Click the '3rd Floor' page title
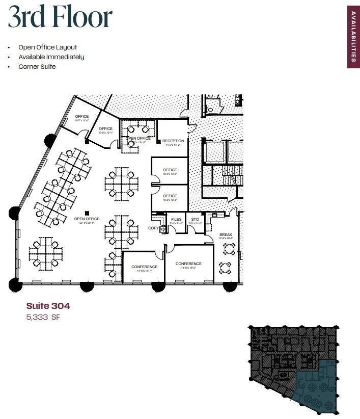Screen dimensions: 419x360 (x=60, y=18)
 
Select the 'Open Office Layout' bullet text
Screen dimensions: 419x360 (x=47, y=47)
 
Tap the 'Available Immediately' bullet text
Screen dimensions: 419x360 (x=51, y=57)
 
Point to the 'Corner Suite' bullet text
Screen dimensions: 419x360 (x=37, y=67)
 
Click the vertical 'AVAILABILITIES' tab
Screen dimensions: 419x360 (x=353, y=36)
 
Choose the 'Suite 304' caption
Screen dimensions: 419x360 (x=48, y=306)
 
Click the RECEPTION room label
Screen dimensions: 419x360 (x=173, y=141)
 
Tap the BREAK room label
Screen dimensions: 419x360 (x=226, y=235)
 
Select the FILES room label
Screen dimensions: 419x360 (x=176, y=220)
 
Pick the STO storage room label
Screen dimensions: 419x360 (x=195, y=220)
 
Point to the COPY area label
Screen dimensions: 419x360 (x=154, y=228)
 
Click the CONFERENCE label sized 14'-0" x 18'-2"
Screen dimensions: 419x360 (x=188, y=264)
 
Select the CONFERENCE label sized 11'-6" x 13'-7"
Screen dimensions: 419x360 (x=144, y=267)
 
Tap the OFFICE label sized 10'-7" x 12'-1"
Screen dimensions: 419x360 (x=81, y=117)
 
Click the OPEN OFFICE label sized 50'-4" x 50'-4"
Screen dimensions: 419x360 (x=87, y=219)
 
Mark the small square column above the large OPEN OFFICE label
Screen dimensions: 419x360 (x=88, y=213)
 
